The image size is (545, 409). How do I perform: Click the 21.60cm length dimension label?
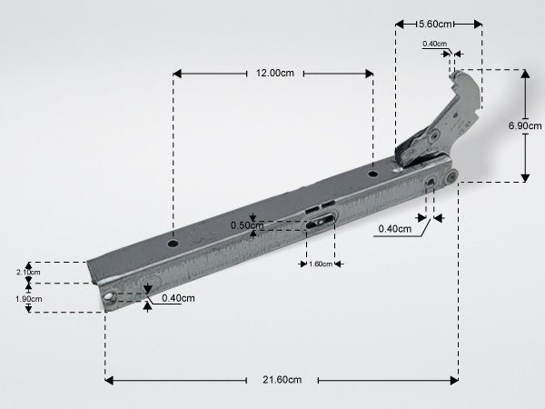click(282, 380)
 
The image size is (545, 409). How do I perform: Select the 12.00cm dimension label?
click(275, 73)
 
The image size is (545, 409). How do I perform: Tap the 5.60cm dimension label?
click(435, 24)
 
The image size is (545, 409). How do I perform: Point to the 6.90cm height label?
click(525, 125)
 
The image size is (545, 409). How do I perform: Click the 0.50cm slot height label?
click(247, 225)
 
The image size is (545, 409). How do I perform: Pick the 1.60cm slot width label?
click(320, 264)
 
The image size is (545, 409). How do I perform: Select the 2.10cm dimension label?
click(28, 272)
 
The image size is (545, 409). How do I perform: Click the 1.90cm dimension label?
click(29, 299)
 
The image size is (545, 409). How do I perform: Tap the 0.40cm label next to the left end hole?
click(178, 298)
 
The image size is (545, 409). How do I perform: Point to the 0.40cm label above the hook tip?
click(435, 44)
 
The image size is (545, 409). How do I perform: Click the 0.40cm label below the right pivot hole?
click(395, 229)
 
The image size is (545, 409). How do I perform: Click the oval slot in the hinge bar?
click(321, 222)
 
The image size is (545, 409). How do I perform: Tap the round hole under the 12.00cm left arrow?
click(173, 243)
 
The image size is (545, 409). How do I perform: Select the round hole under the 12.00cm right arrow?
click(373, 174)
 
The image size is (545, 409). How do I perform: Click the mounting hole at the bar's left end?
click(110, 297)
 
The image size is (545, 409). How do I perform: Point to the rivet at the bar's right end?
click(451, 177)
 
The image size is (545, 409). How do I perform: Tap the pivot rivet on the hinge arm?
click(433, 135)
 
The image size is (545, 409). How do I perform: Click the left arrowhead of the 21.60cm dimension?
click(109, 380)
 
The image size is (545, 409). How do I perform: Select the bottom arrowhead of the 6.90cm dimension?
click(525, 177)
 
